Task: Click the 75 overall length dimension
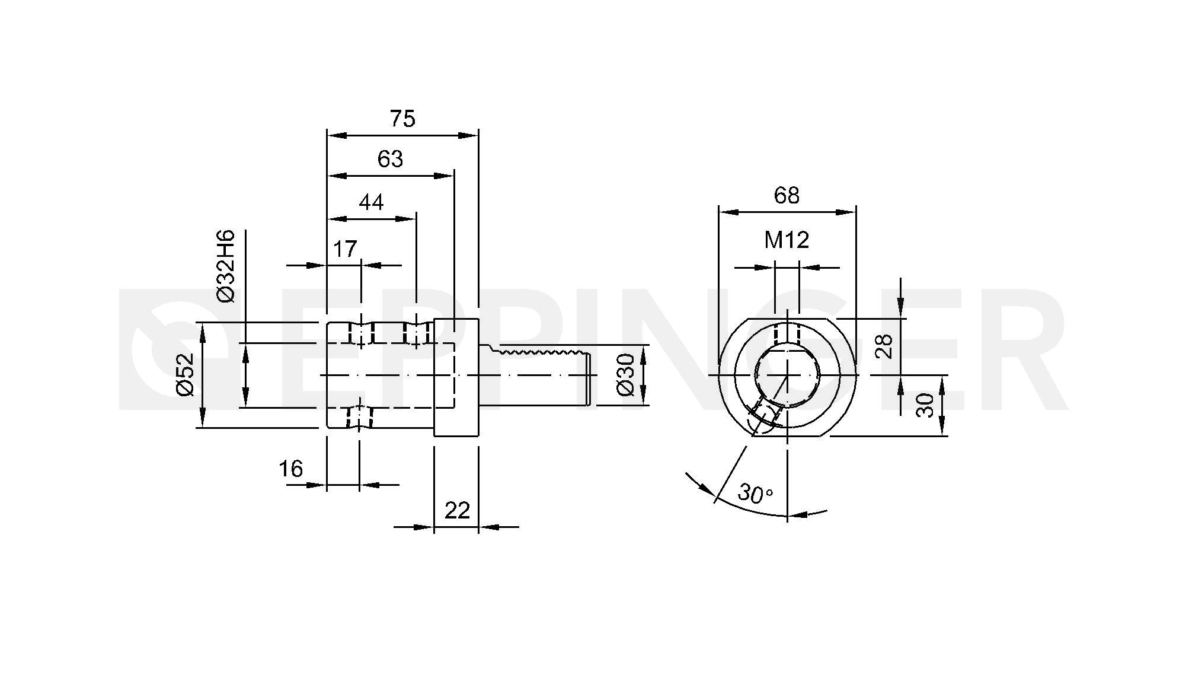(402, 119)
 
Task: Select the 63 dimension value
(390, 159)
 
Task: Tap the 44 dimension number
(372, 203)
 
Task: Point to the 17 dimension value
(345, 249)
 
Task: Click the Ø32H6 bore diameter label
(226, 266)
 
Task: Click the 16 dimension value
(291, 469)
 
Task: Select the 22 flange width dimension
(457, 510)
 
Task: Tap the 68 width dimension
(787, 195)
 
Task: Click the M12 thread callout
(787, 240)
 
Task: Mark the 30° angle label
(755, 494)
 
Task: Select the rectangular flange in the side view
(456, 377)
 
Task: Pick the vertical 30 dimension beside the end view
(925, 405)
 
